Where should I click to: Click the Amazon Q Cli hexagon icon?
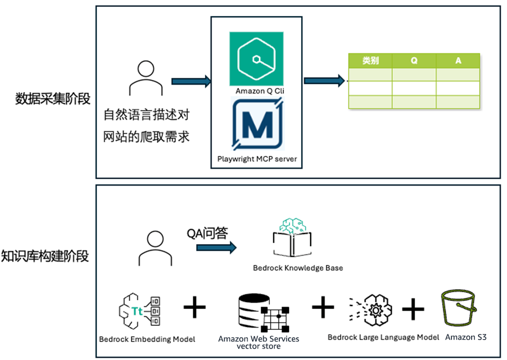[x=256, y=59]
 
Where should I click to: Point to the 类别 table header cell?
[x=370, y=60]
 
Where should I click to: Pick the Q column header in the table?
[x=414, y=60]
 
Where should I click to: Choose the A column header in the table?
[x=458, y=60]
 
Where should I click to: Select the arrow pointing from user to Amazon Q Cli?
[x=191, y=81]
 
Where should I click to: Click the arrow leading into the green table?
[x=324, y=80]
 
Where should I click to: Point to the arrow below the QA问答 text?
[x=216, y=248]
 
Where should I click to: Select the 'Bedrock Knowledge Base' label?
[x=298, y=268]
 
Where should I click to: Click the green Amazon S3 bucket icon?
[x=458, y=310]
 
